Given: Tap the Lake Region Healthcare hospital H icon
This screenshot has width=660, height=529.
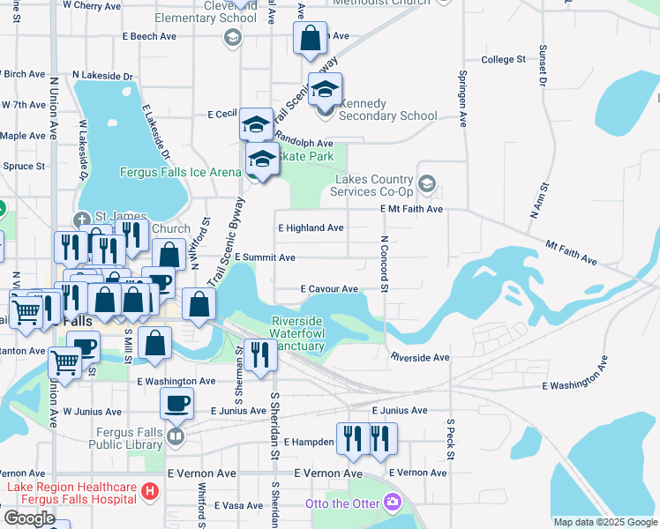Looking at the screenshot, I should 151,489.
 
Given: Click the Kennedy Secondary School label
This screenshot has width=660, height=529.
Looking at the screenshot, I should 387,109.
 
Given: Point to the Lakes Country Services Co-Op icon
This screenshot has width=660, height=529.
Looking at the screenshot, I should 428,183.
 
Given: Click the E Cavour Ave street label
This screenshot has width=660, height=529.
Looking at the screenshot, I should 329,289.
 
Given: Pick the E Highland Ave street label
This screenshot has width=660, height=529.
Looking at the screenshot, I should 311,227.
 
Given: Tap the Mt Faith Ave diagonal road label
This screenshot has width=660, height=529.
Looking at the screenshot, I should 571,253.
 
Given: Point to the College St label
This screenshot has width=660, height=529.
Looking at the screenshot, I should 504,60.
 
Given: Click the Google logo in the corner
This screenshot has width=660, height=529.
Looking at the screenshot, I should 29,518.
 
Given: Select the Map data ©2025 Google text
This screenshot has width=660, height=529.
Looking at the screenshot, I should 605,522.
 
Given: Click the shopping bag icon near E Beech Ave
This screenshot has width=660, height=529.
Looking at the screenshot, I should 310,38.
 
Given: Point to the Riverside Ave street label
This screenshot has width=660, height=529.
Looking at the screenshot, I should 421,358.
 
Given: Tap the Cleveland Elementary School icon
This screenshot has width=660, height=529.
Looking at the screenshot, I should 232,37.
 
